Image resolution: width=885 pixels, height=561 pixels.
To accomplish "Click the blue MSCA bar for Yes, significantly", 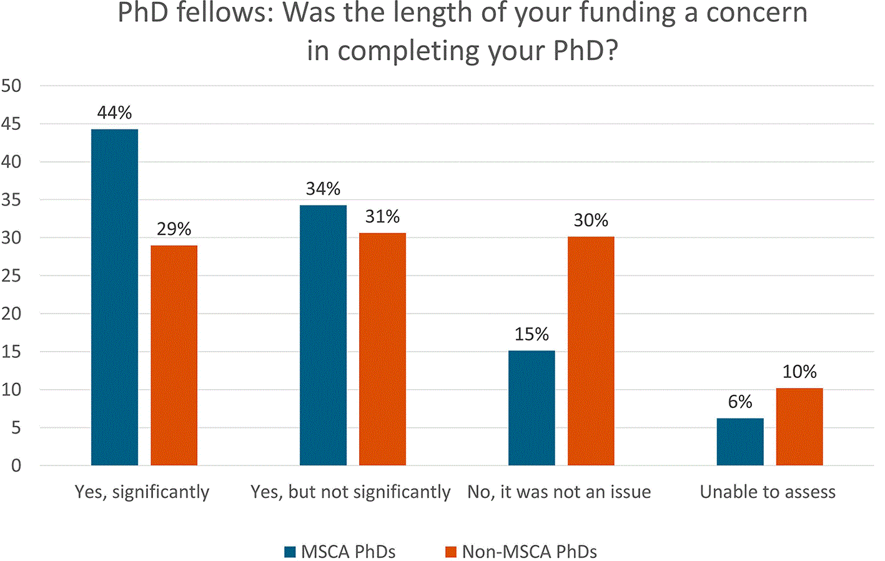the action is click(114, 297).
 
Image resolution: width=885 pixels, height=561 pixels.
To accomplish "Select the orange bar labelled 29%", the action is click(174, 355).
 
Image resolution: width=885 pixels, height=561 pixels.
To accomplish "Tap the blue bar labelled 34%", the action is click(323, 335).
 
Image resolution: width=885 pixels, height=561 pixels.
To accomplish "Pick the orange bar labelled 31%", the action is click(382, 349).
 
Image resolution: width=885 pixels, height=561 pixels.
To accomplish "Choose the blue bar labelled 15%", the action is click(531, 408).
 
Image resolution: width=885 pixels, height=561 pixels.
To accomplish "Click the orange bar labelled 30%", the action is click(591, 351).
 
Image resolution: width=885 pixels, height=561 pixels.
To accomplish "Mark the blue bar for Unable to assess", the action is click(740, 442).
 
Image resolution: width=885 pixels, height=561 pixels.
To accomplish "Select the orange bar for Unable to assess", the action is click(799, 427).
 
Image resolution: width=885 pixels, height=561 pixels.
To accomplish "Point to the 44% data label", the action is click(114, 112).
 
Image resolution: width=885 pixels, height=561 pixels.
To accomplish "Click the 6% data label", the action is click(740, 402).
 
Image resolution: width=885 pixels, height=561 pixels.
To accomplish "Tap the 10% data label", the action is click(799, 372).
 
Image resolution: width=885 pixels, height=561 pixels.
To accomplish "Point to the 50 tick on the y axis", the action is click(11, 86).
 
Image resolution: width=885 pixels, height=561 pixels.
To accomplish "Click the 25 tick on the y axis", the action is click(11, 276).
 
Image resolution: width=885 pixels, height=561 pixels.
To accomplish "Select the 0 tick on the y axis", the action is click(16, 466).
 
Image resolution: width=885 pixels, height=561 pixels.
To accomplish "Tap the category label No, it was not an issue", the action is click(559, 492).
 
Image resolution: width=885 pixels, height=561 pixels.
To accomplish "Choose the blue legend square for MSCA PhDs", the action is click(290, 552).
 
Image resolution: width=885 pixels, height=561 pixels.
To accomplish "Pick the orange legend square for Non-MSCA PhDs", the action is click(451, 552).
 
